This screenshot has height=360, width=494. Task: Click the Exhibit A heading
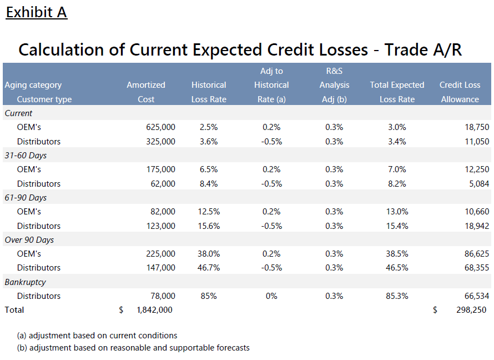coord(37,12)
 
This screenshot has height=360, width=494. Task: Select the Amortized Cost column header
coord(146,92)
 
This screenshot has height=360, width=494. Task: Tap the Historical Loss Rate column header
coord(209,92)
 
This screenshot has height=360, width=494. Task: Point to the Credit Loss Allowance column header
coord(460,92)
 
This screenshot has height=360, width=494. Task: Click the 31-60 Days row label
coord(26,156)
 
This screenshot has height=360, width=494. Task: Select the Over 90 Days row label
coord(29,240)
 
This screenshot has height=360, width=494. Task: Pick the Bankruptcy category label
coord(26,282)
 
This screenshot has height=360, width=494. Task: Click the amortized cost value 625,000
coord(160,127)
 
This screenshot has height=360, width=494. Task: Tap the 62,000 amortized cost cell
coord(163,184)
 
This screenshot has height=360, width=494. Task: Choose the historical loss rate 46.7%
coord(209,268)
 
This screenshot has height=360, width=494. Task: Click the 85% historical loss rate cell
coord(209,296)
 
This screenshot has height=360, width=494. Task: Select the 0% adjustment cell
coord(271,296)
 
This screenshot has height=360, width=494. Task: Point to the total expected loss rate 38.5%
coord(397,254)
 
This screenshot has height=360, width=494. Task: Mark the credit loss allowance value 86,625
coord(476,254)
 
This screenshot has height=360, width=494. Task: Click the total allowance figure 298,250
coord(472,310)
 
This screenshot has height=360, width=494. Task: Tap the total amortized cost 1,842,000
coord(154,310)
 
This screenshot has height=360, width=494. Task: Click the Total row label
coord(14,310)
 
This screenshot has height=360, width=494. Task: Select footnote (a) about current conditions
coord(98,336)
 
